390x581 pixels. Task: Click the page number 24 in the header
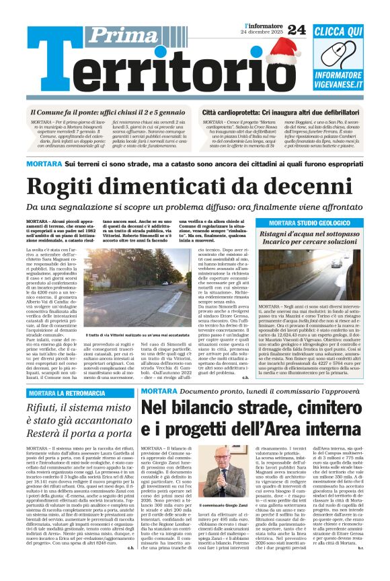click(x=296, y=29)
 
